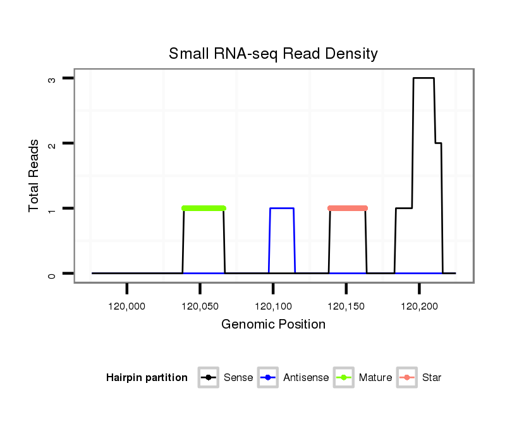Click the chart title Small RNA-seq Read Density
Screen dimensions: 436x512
pyautogui.click(x=273, y=54)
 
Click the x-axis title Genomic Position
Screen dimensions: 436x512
pyautogui.click(x=273, y=325)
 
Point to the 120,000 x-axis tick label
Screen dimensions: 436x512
pyautogui.click(x=127, y=306)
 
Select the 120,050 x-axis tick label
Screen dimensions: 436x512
pyautogui.click(x=200, y=306)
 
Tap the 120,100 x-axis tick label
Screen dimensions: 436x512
pyautogui.click(x=273, y=306)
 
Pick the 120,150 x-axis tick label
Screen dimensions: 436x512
pyautogui.click(x=346, y=306)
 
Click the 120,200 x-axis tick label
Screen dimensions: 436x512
pyautogui.click(x=419, y=306)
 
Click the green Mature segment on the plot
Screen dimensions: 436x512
pyautogui.click(x=204, y=208)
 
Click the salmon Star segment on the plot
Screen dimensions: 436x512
pyautogui.click(x=348, y=208)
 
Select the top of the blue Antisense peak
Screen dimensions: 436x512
pyautogui.click(x=282, y=208)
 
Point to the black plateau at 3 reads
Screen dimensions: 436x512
pyautogui.click(x=424, y=78)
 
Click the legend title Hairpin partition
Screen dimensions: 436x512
pyautogui.click(x=147, y=378)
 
